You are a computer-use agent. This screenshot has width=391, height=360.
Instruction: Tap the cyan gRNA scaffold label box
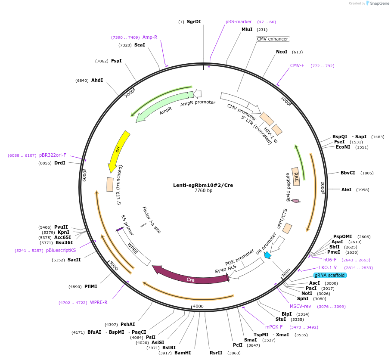(x=329, y=275)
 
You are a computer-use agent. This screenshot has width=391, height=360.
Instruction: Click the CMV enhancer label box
(x=273, y=39)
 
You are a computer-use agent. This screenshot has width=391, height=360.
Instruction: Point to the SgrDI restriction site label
(x=194, y=22)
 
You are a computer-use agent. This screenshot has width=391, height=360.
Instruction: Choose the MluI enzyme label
(x=247, y=29)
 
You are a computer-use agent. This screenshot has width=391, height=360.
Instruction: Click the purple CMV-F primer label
(x=297, y=66)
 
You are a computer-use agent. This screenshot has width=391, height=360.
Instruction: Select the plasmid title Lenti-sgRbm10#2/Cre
(x=203, y=185)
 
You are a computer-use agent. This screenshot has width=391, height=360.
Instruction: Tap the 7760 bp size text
(x=203, y=190)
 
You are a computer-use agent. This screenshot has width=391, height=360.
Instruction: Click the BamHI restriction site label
(x=183, y=353)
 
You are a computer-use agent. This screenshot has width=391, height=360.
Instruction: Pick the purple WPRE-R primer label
(x=99, y=302)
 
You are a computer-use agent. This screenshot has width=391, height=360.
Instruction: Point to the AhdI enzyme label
(x=97, y=80)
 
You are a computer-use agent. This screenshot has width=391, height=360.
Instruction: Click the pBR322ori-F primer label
(x=53, y=155)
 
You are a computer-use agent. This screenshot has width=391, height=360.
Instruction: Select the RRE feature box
(x=296, y=177)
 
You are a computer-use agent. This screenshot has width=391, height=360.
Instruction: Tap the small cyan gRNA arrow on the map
(x=267, y=255)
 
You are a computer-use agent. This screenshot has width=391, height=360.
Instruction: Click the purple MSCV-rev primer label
(x=300, y=306)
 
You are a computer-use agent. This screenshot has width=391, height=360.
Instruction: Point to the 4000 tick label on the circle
(x=198, y=306)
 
